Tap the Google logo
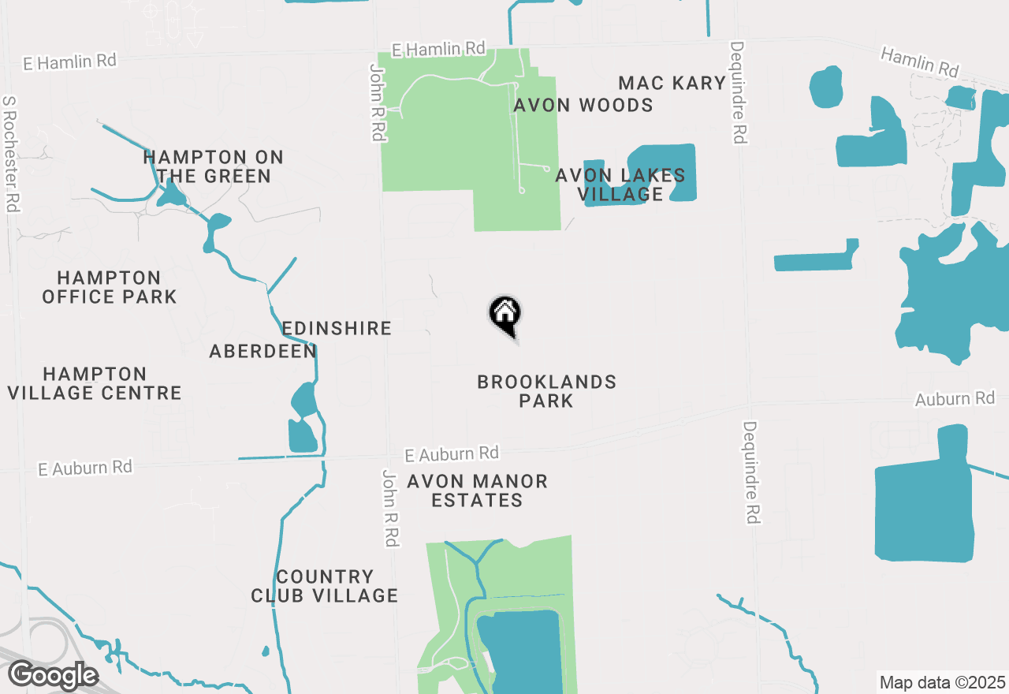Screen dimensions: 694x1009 click(53, 675)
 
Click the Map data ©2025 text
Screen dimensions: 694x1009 click(942, 681)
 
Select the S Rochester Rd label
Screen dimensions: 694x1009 click(10, 154)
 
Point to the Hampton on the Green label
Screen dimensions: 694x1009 click(213, 167)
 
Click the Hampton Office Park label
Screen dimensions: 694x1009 click(109, 287)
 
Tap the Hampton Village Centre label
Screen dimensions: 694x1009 click(95, 383)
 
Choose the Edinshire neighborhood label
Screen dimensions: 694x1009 click(337, 328)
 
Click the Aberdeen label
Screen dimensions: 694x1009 click(262, 352)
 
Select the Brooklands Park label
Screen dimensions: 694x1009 click(547, 391)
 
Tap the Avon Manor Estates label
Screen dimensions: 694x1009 click(477, 491)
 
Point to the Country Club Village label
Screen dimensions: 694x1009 click(324, 586)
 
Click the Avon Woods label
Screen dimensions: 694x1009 click(583, 105)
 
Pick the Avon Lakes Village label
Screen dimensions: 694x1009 click(620, 185)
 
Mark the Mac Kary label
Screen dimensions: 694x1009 click(672, 83)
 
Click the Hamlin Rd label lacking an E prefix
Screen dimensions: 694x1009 click(919, 62)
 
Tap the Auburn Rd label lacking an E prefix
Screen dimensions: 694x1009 click(955, 399)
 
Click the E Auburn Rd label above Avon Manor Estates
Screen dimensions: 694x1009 click(452, 454)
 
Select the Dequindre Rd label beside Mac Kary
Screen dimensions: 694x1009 click(739, 93)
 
